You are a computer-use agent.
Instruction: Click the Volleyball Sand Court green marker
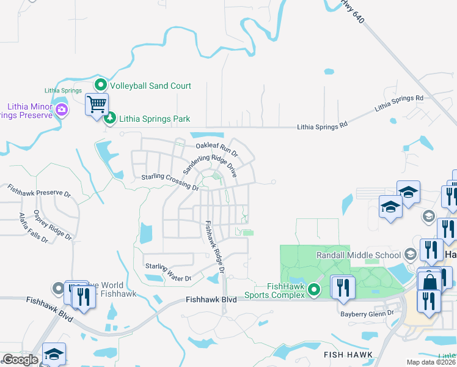[101, 86]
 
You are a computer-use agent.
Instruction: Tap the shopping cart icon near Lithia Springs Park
[97, 105]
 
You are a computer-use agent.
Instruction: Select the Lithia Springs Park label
[155, 119]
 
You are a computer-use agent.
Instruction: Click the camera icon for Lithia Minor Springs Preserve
[61, 110]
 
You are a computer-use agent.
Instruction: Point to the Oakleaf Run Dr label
[216, 147]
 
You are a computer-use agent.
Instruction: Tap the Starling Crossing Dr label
[170, 182]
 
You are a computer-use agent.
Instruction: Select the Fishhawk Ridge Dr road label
[215, 246]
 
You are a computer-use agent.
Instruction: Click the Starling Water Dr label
[168, 272]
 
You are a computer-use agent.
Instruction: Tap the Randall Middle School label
[358, 254]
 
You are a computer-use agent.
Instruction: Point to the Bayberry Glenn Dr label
[368, 314]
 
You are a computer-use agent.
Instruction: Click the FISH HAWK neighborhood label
[346, 354]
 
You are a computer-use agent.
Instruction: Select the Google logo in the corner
[20, 360]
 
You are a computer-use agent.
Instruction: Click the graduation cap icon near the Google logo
[54, 354]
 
